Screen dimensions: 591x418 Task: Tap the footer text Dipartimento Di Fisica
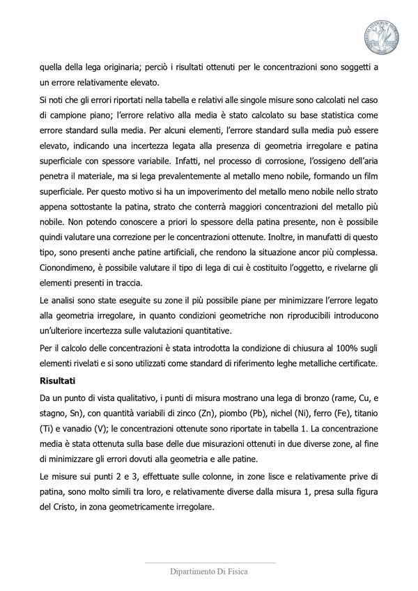(209, 570)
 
